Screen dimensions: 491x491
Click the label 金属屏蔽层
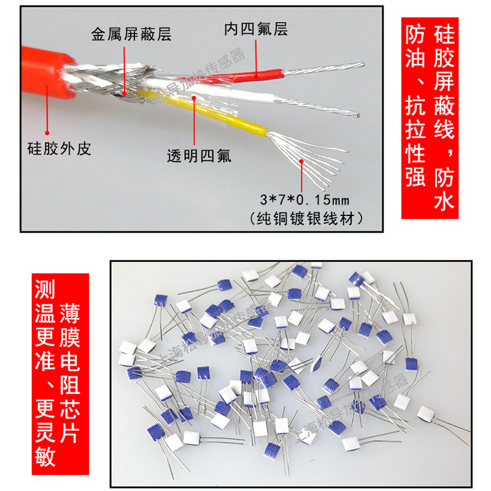coord(130,34)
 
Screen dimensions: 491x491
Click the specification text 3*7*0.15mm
coord(304,199)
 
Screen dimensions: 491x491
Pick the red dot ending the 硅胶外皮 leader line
coord(47,130)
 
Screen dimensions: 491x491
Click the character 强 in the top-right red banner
coord(416,177)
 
